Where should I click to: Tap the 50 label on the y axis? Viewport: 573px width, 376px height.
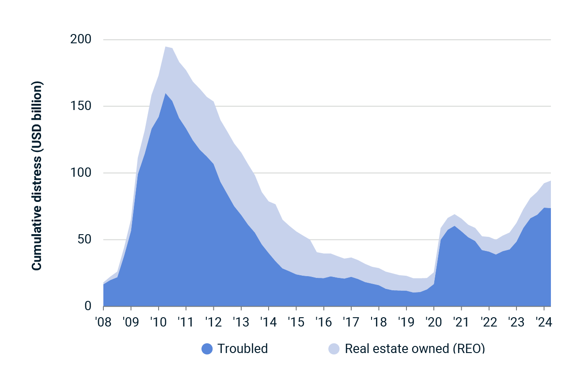point(84,240)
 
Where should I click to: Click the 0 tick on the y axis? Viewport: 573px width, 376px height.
point(87,306)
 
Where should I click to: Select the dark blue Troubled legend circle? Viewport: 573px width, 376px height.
point(207,349)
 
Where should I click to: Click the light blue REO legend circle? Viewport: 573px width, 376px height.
point(334,349)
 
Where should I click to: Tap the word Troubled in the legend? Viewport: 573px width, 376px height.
point(243,349)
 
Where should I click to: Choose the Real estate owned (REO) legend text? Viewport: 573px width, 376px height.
point(414,349)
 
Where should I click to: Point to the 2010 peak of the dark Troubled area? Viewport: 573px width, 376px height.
point(165,94)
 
